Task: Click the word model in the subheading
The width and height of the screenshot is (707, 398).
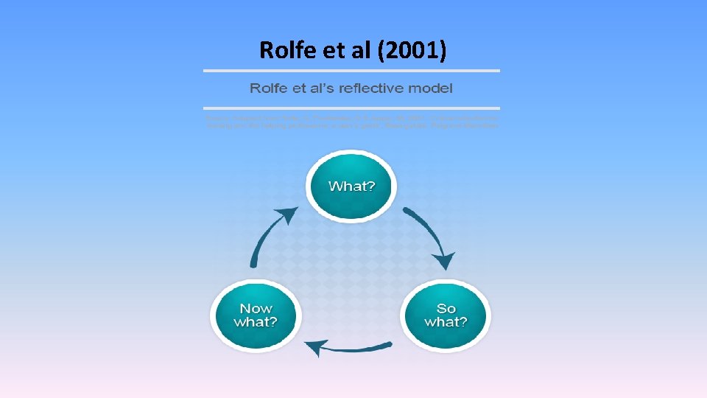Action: tap(434, 88)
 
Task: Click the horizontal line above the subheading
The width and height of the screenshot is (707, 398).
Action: tap(351, 71)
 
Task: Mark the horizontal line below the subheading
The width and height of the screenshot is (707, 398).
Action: tap(351, 108)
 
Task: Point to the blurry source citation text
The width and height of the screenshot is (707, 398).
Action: tap(351, 121)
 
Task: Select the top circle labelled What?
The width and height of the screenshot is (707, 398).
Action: tap(351, 186)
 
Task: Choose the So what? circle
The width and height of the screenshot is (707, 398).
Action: tap(446, 315)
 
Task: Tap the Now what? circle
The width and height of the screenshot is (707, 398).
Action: tap(256, 315)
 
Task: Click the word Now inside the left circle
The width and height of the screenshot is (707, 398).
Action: tap(256, 309)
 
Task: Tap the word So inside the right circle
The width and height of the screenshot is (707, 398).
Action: tap(446, 309)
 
